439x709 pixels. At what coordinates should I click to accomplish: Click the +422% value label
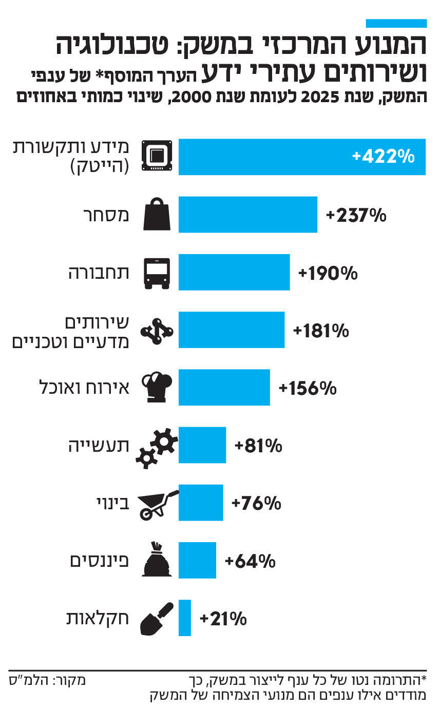coord(383,157)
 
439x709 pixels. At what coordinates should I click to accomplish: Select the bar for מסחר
coord(247,215)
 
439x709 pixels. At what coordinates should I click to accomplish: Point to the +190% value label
coord(328,273)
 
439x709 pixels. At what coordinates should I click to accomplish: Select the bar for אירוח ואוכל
coord(224,388)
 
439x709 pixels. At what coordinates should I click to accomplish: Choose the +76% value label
coord(256,503)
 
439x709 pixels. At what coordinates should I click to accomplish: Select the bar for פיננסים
coord(197,561)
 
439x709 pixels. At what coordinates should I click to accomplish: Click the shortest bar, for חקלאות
coord(185,618)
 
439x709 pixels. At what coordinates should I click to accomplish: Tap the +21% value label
coord(223,619)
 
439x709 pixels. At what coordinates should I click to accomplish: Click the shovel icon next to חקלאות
coord(156,619)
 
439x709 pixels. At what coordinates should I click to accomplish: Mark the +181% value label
coord(321,331)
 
